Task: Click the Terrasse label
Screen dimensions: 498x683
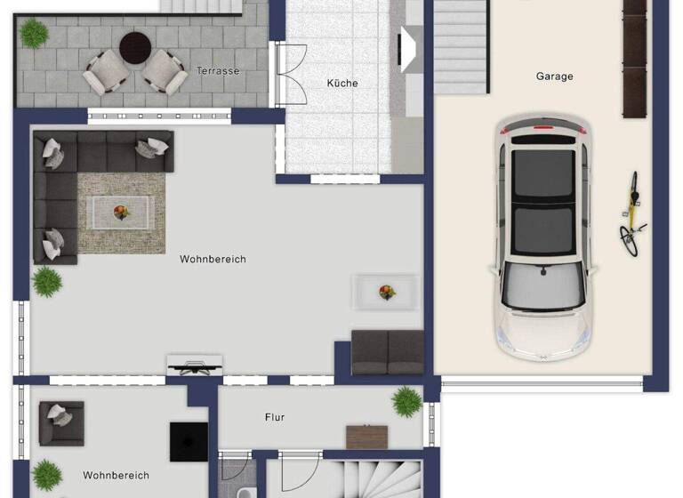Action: pos(218,70)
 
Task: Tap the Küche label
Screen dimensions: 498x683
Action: pos(342,83)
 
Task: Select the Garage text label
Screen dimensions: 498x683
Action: pos(554,76)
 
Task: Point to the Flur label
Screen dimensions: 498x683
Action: pos(275,416)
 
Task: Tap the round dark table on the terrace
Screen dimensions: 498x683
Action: pos(136,48)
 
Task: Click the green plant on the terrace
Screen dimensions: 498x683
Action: pos(35,34)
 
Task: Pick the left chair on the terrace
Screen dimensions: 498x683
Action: pos(104,71)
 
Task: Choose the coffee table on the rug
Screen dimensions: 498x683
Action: pos(122,212)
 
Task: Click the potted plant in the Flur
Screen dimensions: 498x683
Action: pos(406,401)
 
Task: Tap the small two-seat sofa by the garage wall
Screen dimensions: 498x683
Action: pos(387,352)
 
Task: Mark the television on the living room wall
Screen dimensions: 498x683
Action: pos(195,365)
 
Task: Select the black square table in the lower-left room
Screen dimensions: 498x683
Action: pos(189,441)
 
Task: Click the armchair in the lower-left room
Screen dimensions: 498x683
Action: pos(60,422)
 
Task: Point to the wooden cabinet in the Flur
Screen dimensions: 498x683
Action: pos(366,437)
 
